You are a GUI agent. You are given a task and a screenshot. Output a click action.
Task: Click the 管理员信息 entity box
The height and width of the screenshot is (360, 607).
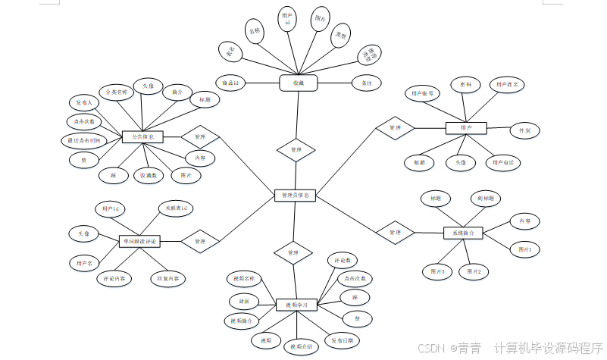(295, 196)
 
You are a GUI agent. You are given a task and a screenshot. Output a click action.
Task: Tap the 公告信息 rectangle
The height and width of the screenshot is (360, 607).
(142, 137)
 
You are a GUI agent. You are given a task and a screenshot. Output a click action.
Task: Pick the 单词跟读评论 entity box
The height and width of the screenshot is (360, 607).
(139, 241)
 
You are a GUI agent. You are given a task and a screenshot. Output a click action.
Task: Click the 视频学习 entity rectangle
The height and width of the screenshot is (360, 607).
(296, 305)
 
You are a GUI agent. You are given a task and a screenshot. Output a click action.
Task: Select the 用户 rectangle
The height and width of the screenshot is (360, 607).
(465, 128)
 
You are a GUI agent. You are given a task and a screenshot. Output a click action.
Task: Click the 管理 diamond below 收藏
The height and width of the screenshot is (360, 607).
(296, 150)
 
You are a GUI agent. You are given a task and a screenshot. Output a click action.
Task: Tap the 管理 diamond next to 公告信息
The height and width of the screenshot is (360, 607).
(200, 137)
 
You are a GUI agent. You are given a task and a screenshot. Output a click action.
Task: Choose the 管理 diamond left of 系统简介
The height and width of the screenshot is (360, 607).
(395, 231)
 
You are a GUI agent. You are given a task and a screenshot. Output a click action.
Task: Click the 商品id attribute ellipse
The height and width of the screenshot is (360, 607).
(229, 82)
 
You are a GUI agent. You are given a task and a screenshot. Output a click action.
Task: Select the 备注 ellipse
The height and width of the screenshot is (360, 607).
(367, 83)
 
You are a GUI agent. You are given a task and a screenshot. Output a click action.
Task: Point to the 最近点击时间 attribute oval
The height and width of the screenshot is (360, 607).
(80, 140)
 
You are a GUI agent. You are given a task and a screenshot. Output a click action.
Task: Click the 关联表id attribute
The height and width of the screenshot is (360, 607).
(176, 208)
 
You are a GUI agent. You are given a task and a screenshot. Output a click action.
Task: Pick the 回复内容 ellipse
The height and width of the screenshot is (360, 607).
(167, 279)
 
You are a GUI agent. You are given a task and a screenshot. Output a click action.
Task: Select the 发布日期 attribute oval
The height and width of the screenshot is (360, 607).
(341, 340)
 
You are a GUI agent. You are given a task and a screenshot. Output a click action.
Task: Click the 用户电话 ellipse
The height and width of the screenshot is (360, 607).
(503, 162)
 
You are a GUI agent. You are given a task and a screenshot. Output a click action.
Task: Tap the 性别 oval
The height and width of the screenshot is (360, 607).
(524, 130)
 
